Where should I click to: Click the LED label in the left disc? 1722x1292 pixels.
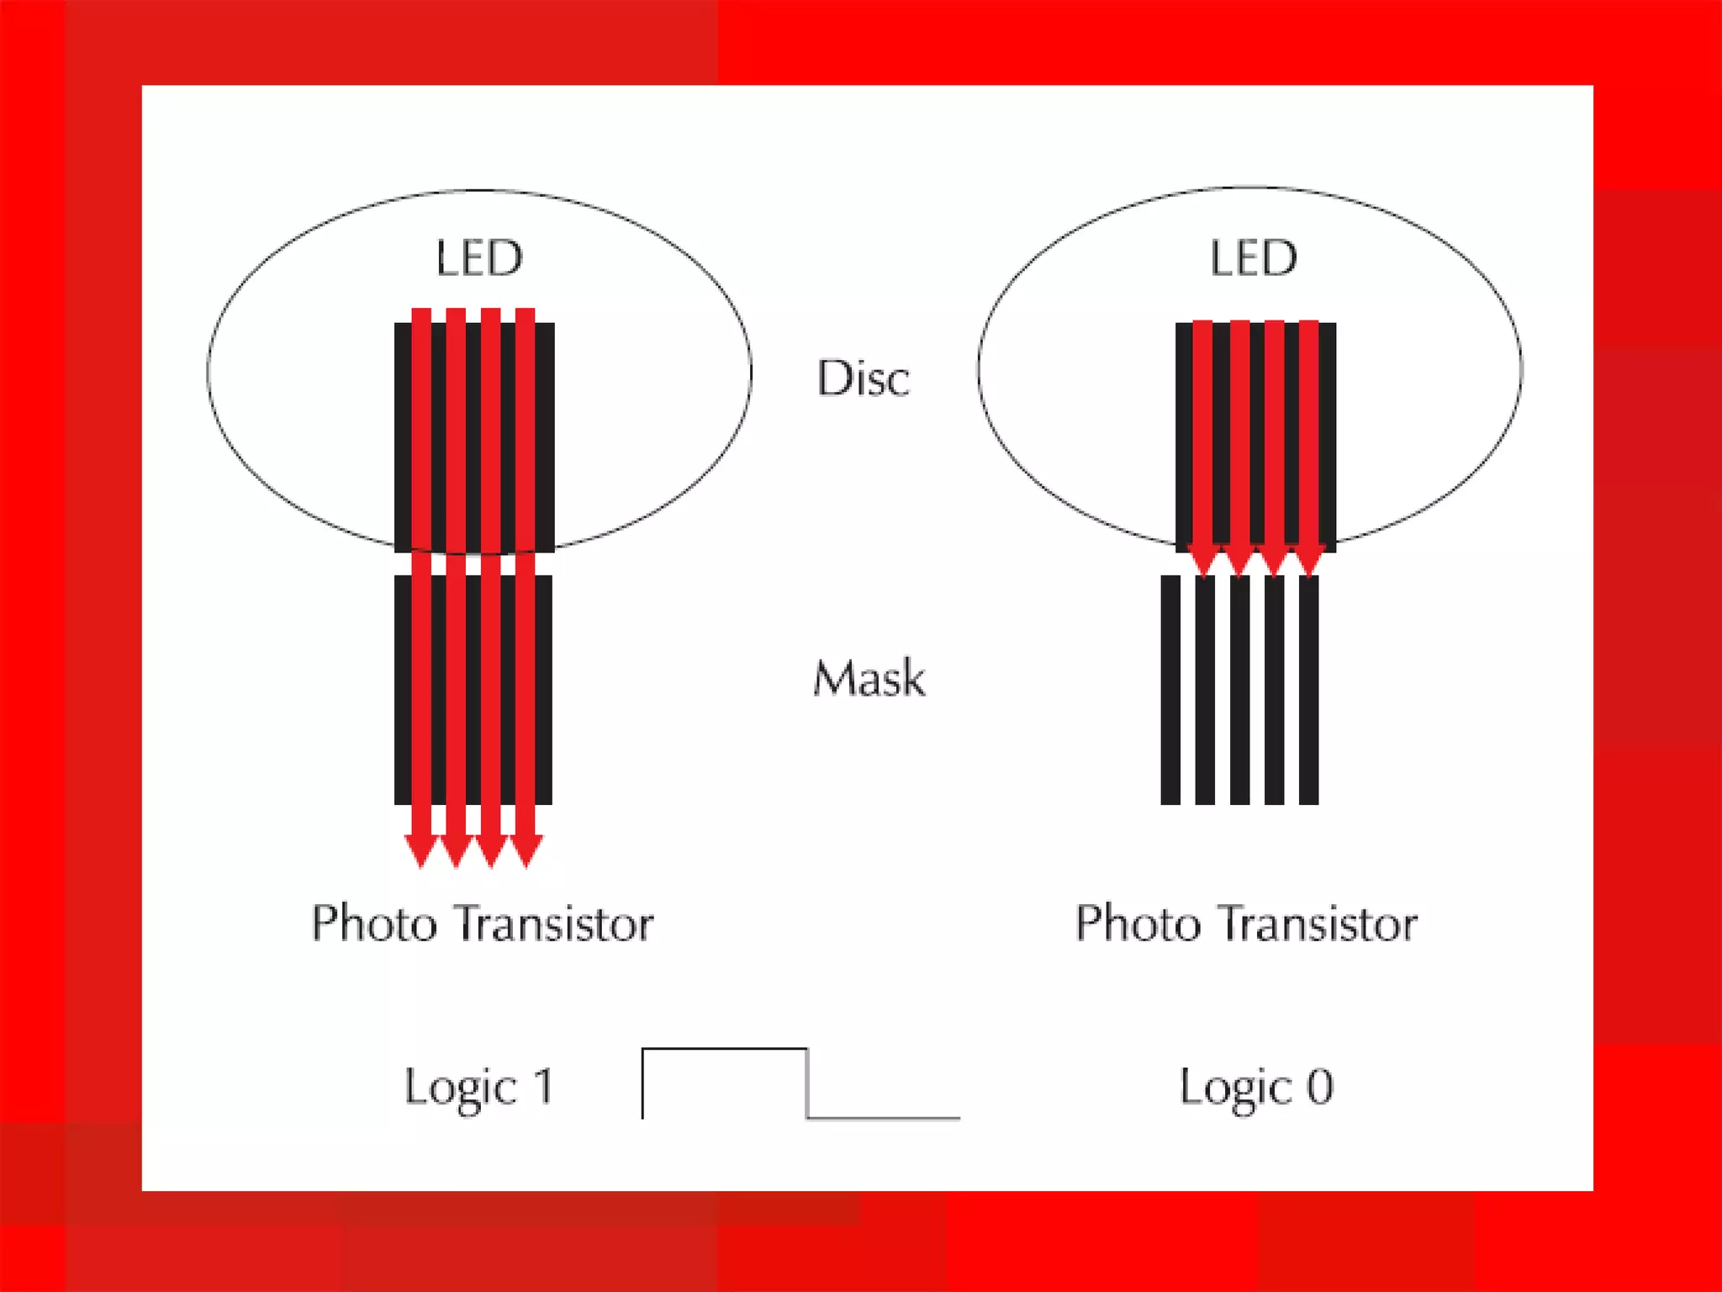click(479, 258)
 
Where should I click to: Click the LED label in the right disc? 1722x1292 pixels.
click(1253, 258)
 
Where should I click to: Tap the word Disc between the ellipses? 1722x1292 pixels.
click(864, 379)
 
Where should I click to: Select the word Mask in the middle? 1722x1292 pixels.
click(869, 678)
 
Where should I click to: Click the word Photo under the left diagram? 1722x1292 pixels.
click(375, 924)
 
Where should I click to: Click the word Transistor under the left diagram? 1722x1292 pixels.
click(556, 924)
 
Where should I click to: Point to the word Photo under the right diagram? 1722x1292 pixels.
click(1138, 924)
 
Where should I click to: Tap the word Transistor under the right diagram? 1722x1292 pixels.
click(1320, 924)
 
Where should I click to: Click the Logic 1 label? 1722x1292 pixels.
click(479, 1087)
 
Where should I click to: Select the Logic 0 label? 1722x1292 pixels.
click(1256, 1087)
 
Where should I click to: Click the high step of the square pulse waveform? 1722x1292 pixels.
click(724, 1050)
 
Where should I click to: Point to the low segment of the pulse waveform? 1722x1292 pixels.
click(883, 1118)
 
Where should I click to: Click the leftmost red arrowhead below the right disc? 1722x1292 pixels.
click(1204, 561)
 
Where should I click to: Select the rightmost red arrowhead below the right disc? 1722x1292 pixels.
click(1309, 561)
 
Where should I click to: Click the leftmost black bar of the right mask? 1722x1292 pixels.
click(1170, 690)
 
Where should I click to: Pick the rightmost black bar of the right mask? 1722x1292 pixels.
click(1308, 690)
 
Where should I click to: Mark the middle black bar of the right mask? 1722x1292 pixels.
click(1239, 690)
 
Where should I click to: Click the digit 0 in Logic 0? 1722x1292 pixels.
click(1320, 1086)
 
